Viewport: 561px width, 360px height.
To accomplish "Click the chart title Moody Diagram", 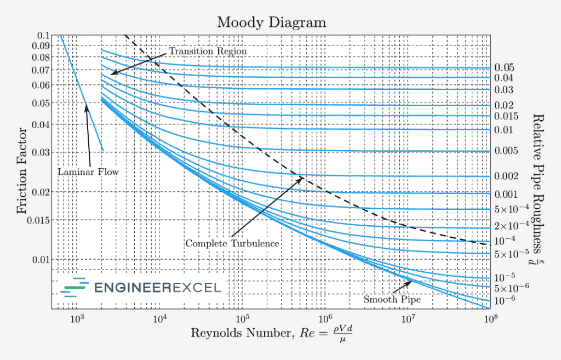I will click(271, 22).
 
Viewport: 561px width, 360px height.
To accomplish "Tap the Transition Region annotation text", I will click(208, 51).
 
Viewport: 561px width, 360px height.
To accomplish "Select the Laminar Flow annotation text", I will click(88, 172).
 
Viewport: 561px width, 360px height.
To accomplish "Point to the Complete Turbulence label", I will click(232, 243).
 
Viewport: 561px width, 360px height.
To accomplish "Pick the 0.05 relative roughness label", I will click(504, 68).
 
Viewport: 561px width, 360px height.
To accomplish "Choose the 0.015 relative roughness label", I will click(506, 116).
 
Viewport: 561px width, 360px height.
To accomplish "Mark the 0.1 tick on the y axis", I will click(43, 36).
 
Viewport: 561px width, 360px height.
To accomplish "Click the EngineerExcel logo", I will click(141, 288).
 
